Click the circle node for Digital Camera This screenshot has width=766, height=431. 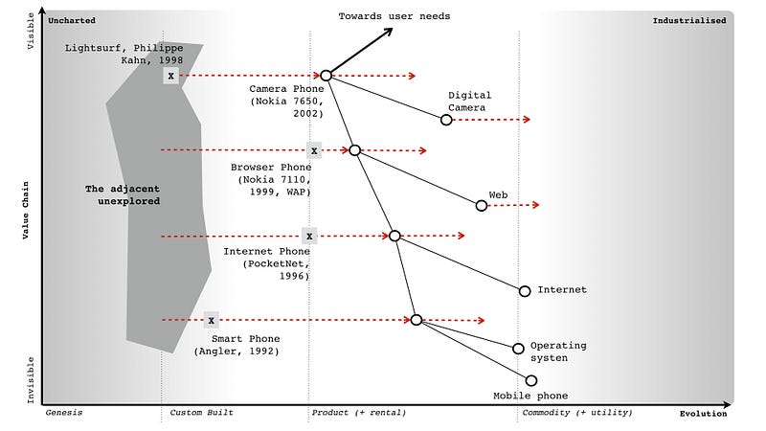[x=446, y=120]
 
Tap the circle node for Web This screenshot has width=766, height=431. [x=482, y=205]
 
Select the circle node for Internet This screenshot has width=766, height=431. [x=525, y=291]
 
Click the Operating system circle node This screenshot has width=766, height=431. [x=519, y=349]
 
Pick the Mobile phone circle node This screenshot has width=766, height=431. [x=531, y=380]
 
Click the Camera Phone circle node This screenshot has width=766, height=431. [x=327, y=75]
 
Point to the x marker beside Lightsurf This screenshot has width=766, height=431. [x=171, y=75]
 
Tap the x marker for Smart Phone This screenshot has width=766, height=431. [x=212, y=321]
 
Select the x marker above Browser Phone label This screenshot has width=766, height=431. [x=313, y=150]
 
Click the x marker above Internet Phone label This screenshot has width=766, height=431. [x=308, y=236]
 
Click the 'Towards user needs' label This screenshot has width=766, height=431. [x=394, y=16]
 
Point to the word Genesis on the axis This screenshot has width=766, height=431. [x=65, y=413]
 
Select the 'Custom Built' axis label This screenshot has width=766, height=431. [x=202, y=413]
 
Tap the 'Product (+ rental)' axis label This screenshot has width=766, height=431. [x=359, y=413]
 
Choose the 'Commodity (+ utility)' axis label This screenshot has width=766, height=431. [x=576, y=413]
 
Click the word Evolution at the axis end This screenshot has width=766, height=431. [x=703, y=414]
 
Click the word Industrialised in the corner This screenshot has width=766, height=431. [x=689, y=20]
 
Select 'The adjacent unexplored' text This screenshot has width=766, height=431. [x=123, y=195]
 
